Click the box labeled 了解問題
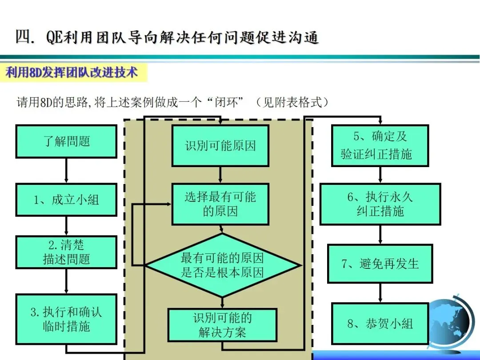tap(66, 141)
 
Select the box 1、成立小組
tap(66, 200)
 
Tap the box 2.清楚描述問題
tap(66, 252)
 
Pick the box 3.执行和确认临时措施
tap(66, 319)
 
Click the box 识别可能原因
tap(220, 146)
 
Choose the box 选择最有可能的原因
tap(220, 204)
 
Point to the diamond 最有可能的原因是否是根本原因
tap(222, 265)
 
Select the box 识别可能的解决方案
tap(222, 325)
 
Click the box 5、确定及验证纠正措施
tap(380, 146)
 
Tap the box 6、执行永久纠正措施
tap(380, 204)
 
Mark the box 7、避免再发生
tap(380, 264)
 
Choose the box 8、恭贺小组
tap(380, 324)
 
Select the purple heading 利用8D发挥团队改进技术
tap(72, 72)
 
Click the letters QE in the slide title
tap(54, 37)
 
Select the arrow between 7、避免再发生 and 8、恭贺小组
tap(380, 293)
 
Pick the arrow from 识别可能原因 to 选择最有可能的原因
tap(220, 175)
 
